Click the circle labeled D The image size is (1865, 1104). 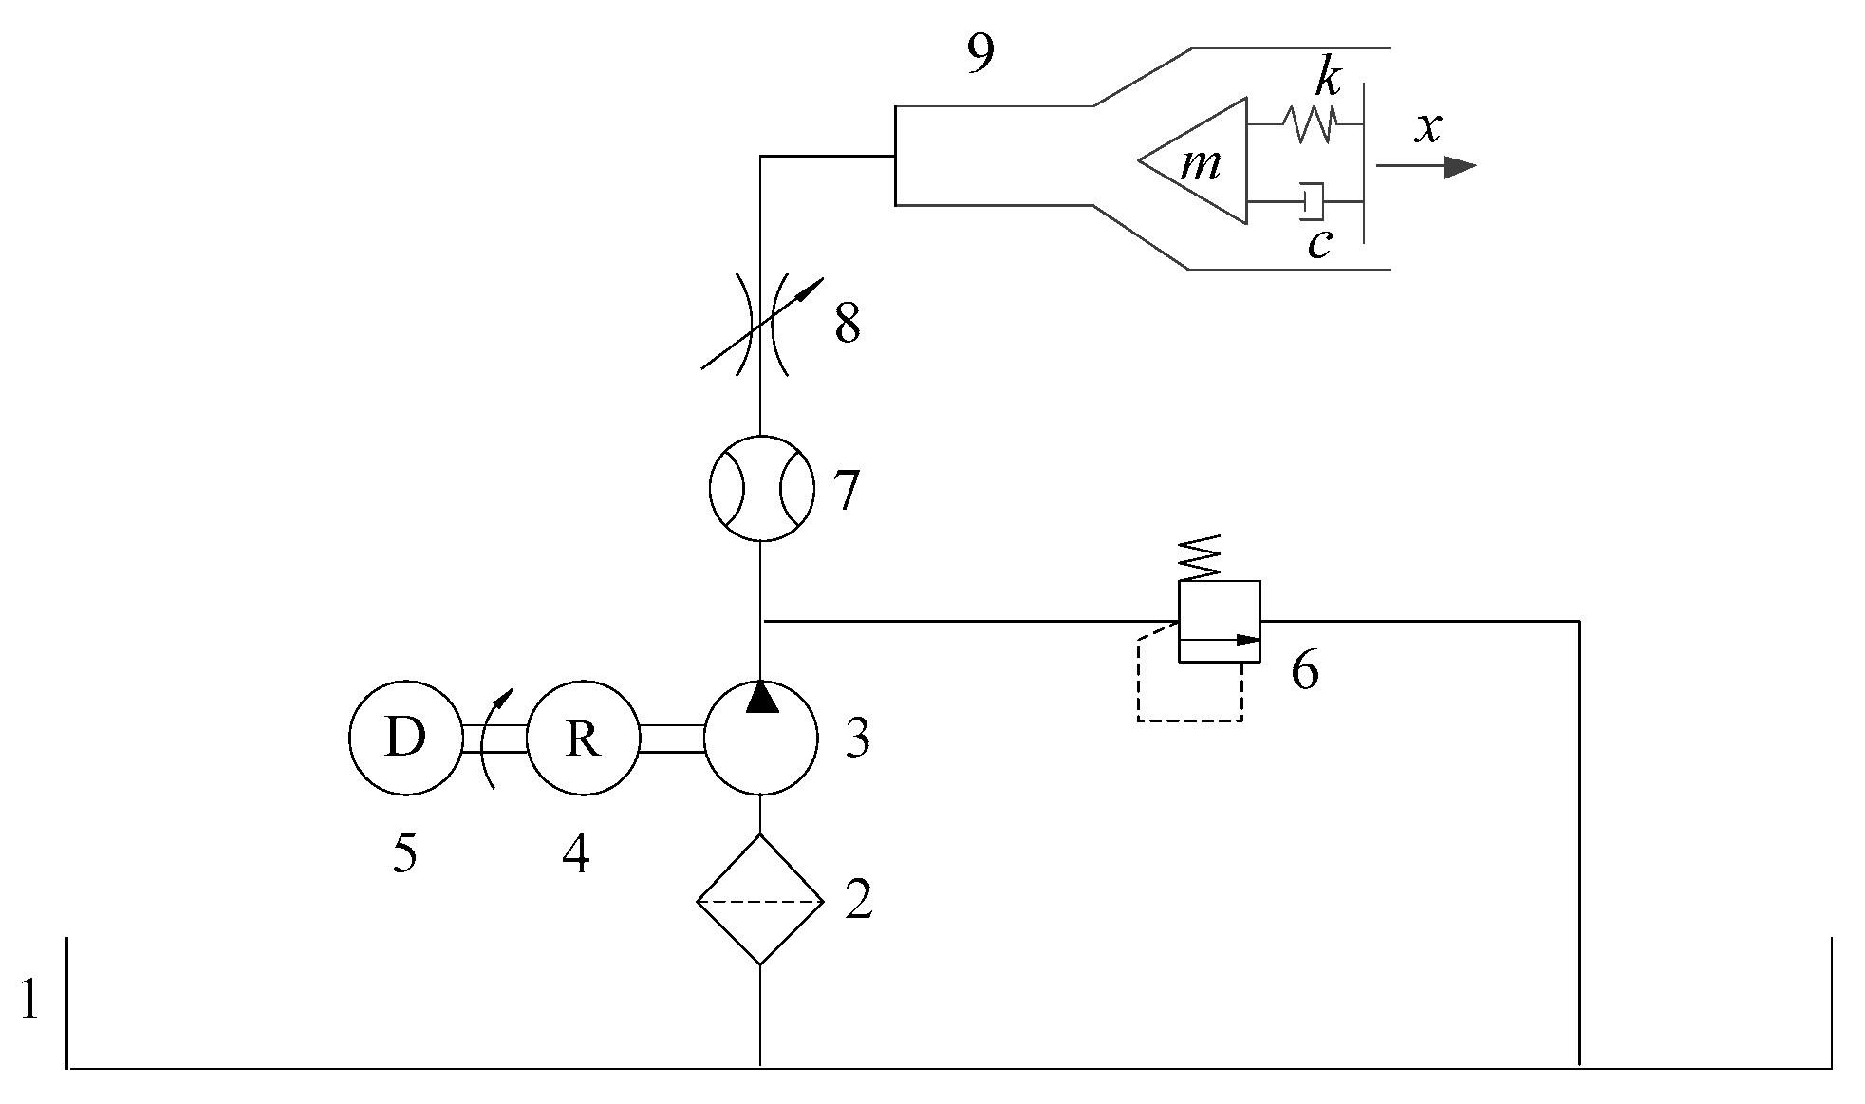[405, 738]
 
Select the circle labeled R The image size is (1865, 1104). [583, 738]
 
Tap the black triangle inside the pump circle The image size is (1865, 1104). [761, 697]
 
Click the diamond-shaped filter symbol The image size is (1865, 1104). [760, 899]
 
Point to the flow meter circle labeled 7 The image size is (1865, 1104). [762, 488]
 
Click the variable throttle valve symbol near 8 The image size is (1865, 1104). [761, 323]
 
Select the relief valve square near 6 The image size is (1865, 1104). [1219, 621]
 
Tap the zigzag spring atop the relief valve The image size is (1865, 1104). [1200, 558]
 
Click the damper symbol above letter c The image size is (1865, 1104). [1314, 200]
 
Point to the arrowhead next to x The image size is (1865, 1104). [1458, 167]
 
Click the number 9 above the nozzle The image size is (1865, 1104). [979, 56]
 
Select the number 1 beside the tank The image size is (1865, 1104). [28, 1000]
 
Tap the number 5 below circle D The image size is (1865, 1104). [403, 854]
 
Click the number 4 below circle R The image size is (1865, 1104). [575, 854]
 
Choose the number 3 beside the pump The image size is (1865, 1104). [857, 738]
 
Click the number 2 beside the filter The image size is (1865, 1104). [858, 899]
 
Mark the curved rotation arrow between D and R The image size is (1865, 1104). [494, 738]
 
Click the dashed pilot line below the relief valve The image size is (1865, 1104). [1190, 720]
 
